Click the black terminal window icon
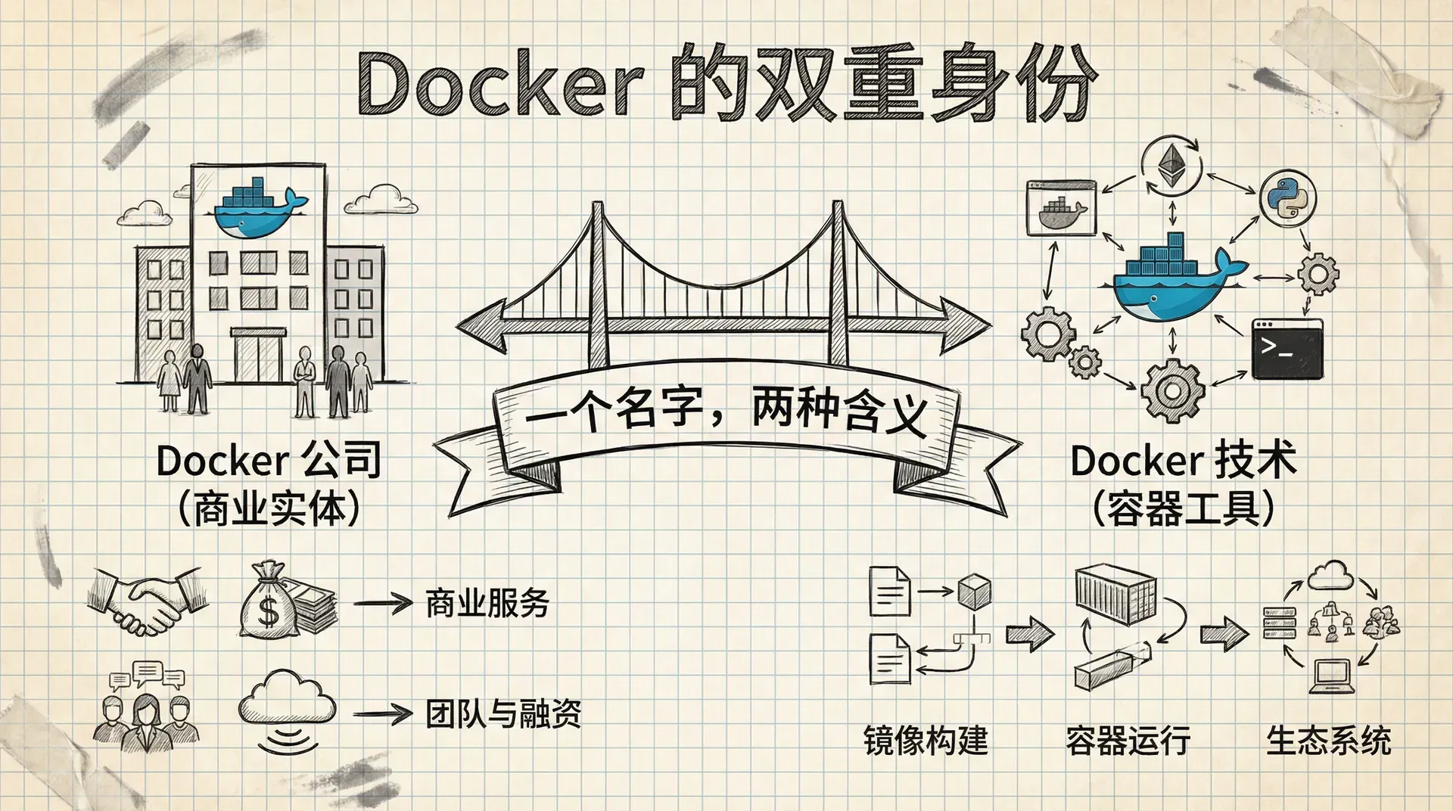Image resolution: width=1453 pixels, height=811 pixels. pos(1287,349)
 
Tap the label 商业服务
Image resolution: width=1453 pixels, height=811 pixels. pos(487,603)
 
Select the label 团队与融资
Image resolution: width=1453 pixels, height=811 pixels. pos(503,713)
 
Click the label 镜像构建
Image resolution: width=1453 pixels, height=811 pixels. pos(926,740)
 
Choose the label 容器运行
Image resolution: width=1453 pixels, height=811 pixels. pos(1128,740)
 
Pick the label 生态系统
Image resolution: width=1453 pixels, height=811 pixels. pos(1329,740)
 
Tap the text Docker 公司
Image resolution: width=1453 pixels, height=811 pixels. pos(269,460)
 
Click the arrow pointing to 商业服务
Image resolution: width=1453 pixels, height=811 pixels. pos(382,604)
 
